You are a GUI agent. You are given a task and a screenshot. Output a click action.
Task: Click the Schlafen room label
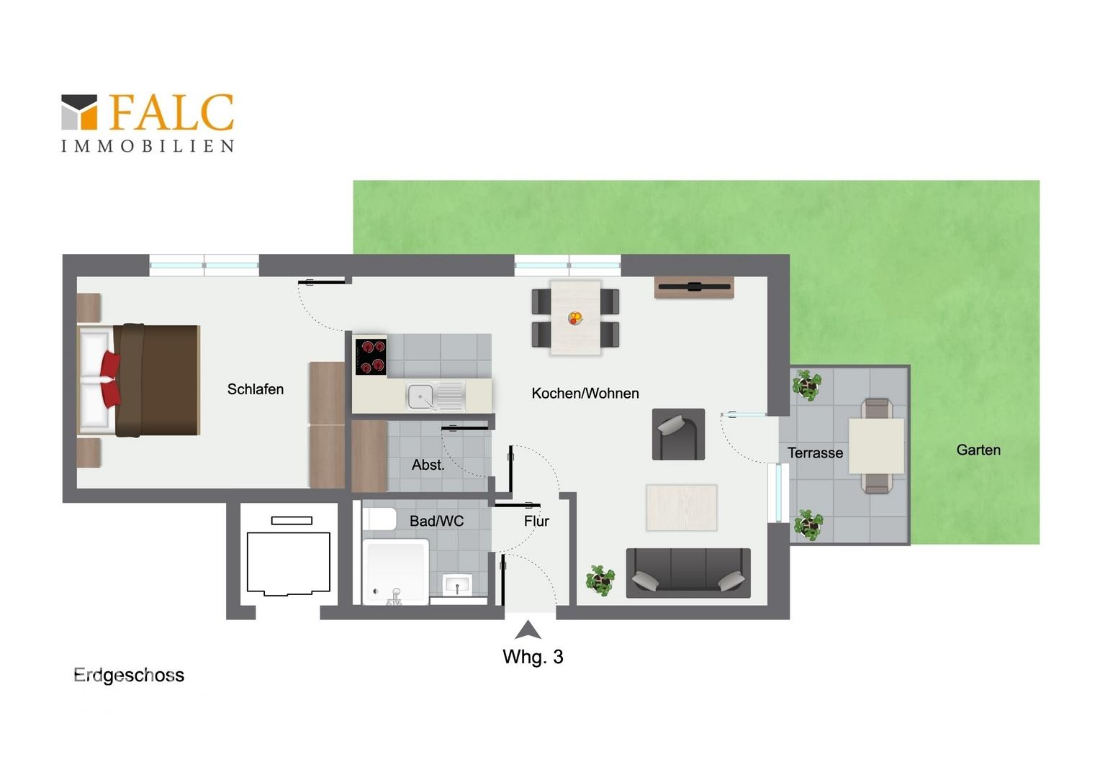pos(256,389)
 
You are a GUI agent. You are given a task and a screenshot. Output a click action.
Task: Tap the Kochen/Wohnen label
pos(585,393)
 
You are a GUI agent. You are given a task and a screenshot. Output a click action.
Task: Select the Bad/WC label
pos(436,521)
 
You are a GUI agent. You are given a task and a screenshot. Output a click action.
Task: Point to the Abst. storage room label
pos(428,465)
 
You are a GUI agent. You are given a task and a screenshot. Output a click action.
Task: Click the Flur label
pos(536,522)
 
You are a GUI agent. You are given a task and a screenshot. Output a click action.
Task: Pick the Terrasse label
pos(815,453)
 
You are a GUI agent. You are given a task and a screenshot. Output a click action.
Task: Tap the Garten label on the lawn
pos(978,450)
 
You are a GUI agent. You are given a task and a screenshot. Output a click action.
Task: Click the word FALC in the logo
pos(171,112)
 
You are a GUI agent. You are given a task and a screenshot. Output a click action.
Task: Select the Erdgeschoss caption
pos(129,676)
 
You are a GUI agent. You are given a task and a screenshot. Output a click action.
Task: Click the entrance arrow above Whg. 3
pos(528,630)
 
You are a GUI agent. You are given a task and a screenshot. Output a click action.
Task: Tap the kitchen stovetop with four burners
pos(371,357)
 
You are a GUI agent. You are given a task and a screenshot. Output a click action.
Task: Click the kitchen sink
pos(436,397)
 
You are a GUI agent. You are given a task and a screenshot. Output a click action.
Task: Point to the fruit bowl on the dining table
pos(575,318)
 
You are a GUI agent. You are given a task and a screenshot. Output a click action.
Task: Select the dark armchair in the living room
pos(678,435)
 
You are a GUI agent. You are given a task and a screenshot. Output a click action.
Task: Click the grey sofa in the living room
pos(688,573)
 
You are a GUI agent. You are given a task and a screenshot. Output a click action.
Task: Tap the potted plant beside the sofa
pos(600,580)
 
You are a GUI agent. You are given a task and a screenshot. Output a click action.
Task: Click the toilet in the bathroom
pos(379,519)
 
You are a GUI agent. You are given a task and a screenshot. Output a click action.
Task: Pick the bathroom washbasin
pos(457,585)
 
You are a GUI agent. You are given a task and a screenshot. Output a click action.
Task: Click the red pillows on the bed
pos(110,379)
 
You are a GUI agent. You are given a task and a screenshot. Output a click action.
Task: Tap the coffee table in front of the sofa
pos(682,507)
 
